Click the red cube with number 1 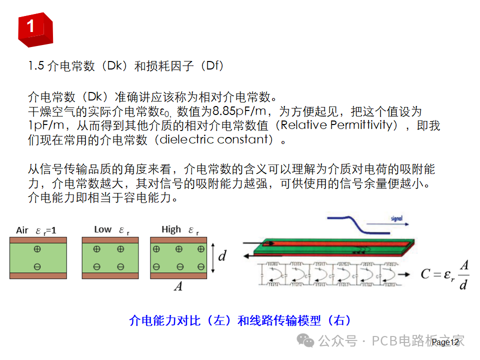click(x=34, y=28)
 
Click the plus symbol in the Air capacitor click(x=37, y=249)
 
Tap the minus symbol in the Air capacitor click(x=37, y=266)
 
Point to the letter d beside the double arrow click(x=222, y=256)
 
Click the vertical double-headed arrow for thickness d click(x=213, y=257)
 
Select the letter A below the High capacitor click(x=177, y=286)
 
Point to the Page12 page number click(x=444, y=342)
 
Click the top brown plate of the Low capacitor click(x=109, y=240)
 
